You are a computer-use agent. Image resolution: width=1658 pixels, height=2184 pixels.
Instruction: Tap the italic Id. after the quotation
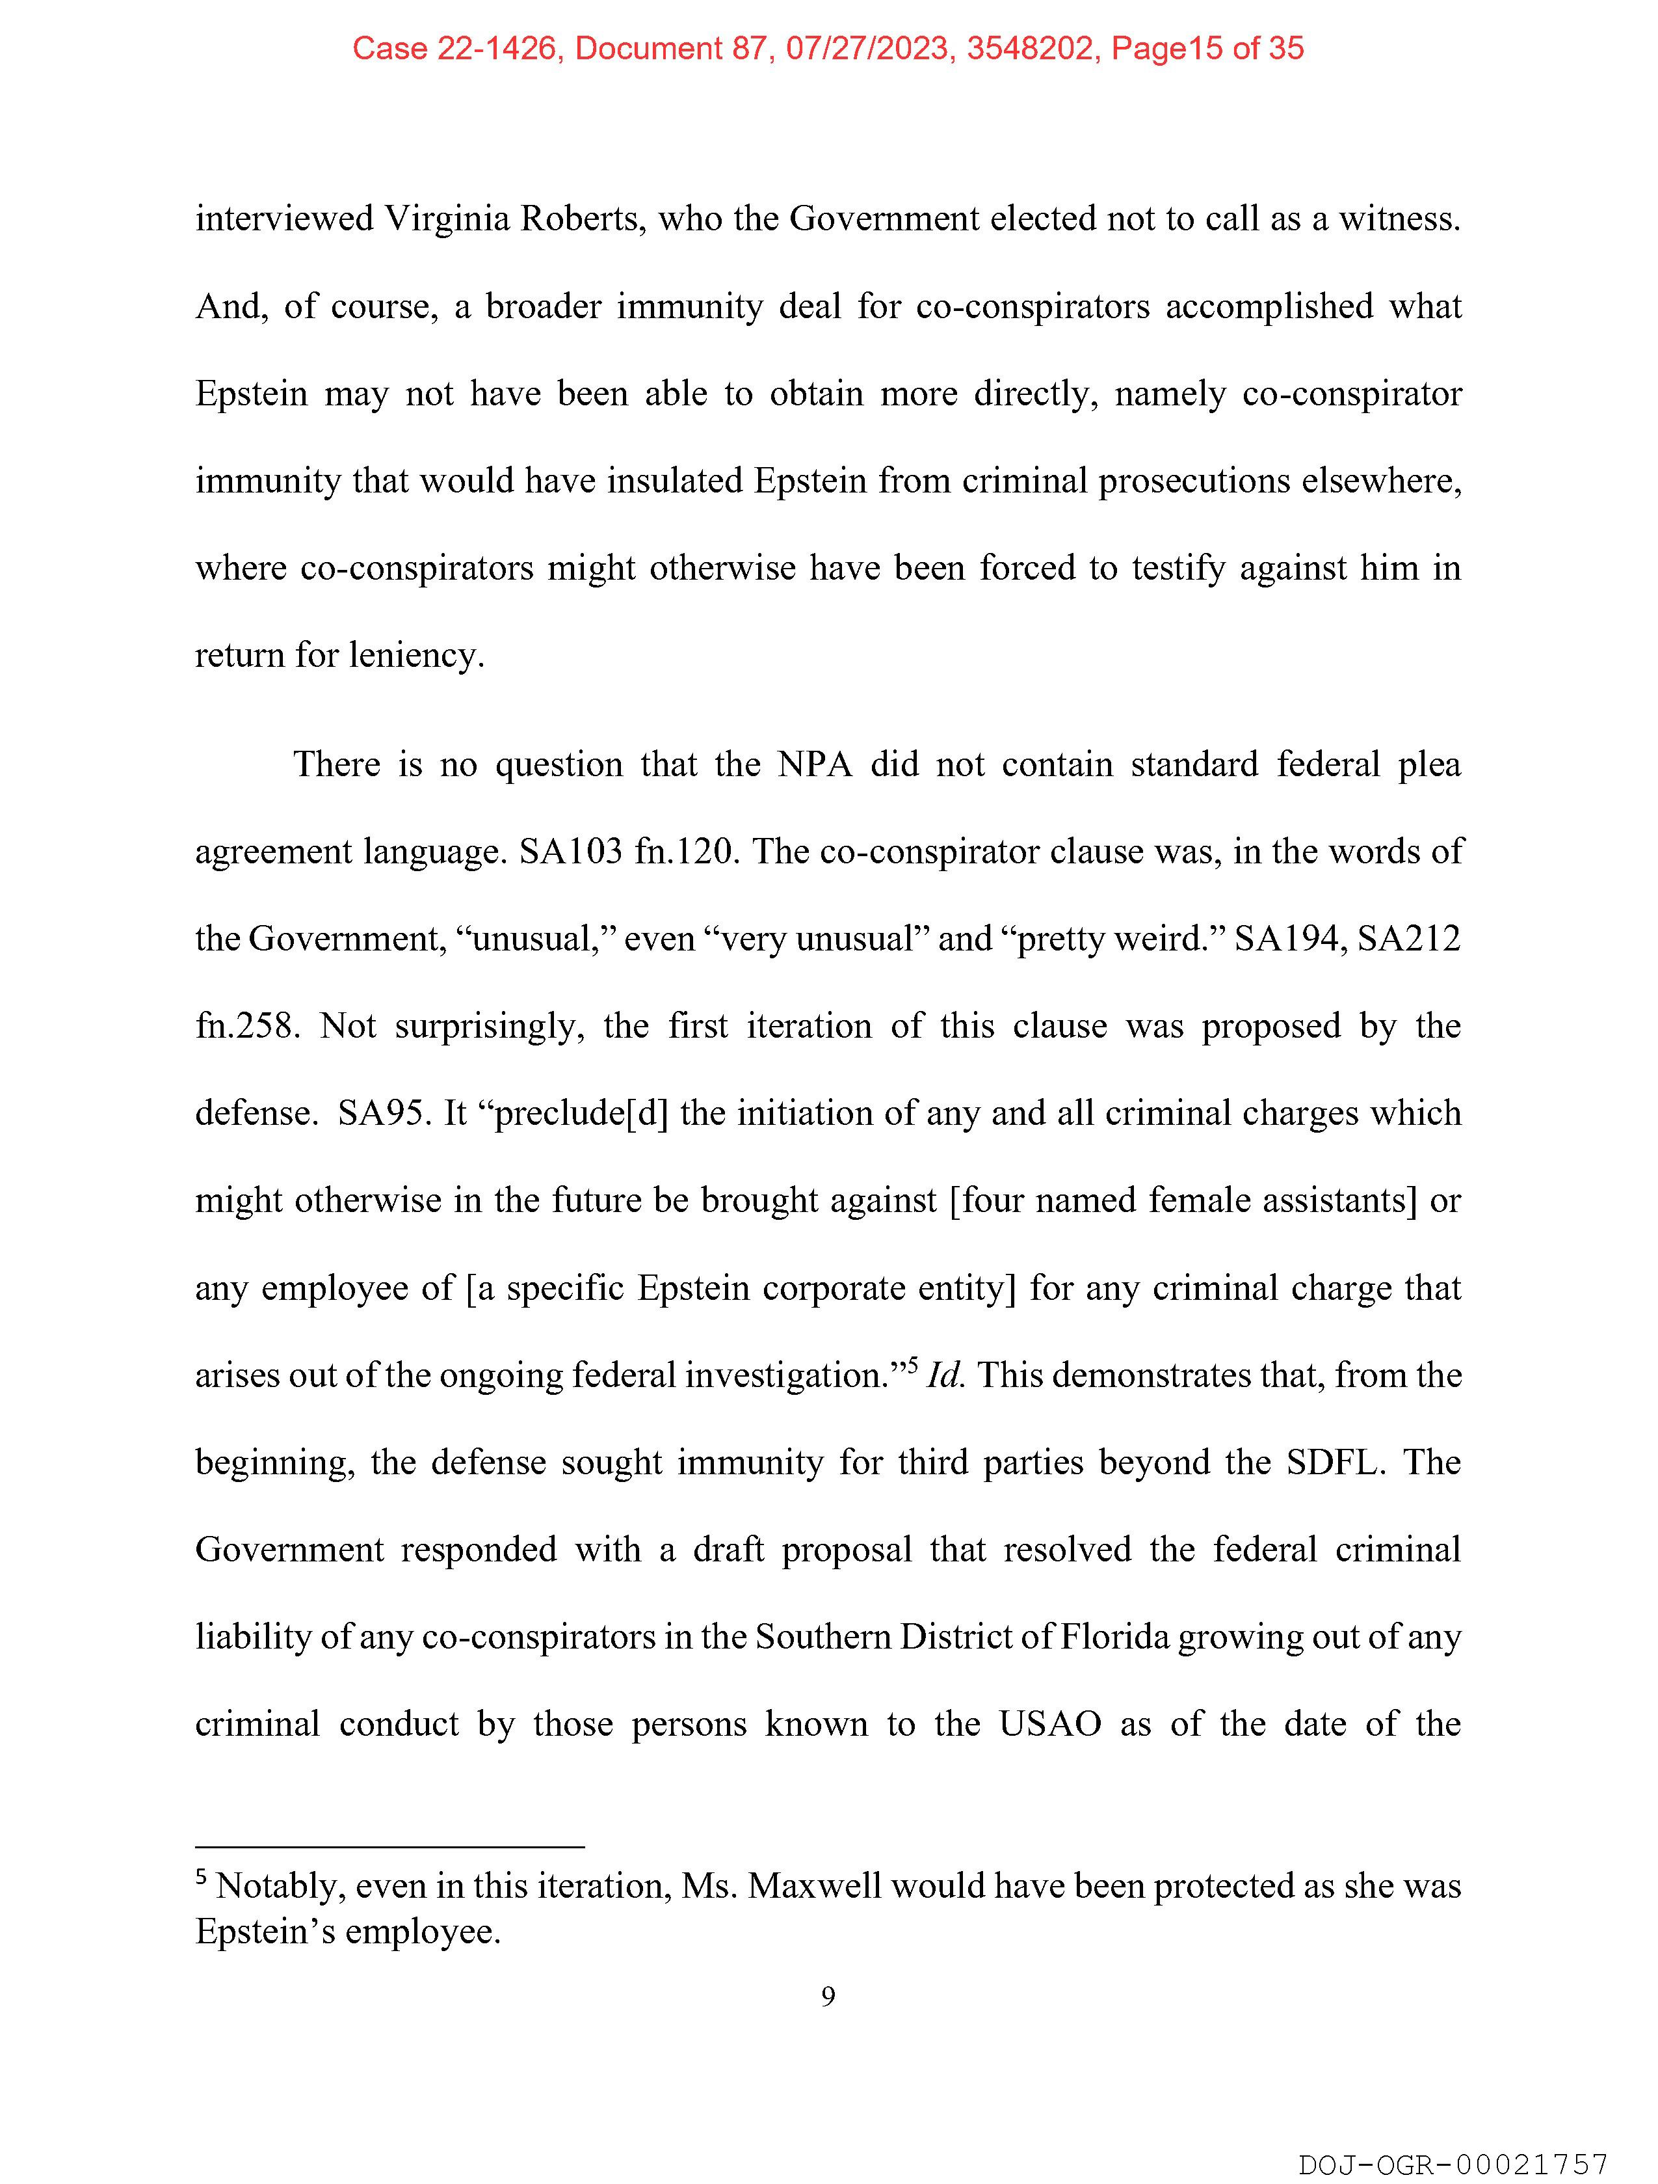coord(945,1375)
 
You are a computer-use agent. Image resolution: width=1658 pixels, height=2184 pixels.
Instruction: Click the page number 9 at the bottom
coord(828,1997)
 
